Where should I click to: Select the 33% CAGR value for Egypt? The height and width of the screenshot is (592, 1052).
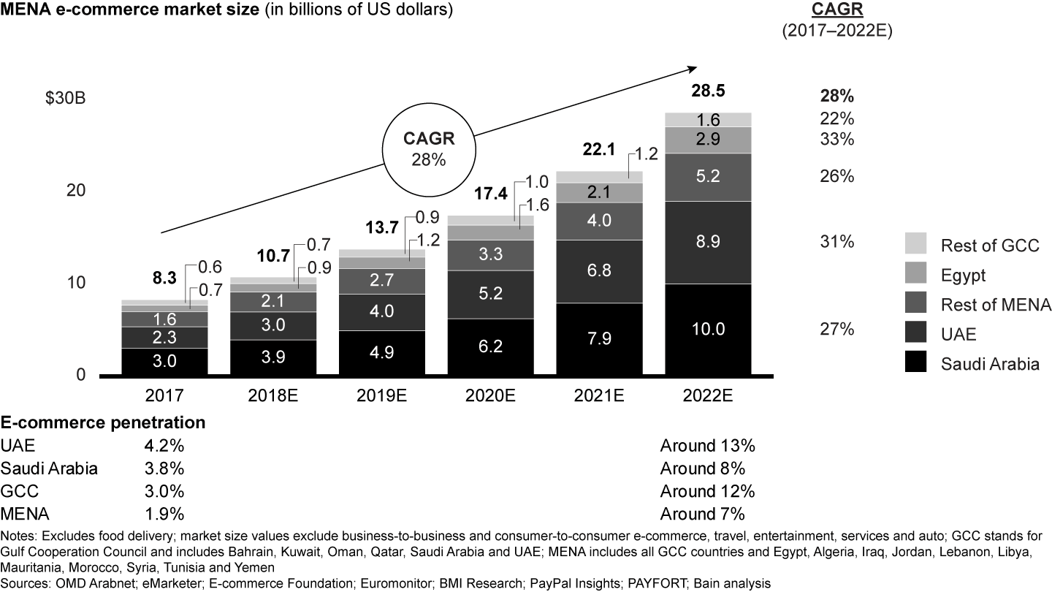837,139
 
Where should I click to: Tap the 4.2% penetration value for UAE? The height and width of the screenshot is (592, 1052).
164,446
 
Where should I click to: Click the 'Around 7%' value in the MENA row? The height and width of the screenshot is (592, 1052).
702,514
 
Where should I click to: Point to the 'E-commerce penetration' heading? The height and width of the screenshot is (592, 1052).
103,423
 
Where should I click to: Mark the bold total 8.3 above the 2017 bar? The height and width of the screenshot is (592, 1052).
164,278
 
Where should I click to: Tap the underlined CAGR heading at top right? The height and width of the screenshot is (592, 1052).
837,10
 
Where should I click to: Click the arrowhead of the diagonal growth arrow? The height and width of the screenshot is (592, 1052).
692,69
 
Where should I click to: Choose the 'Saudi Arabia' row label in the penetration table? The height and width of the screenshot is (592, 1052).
49,468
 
